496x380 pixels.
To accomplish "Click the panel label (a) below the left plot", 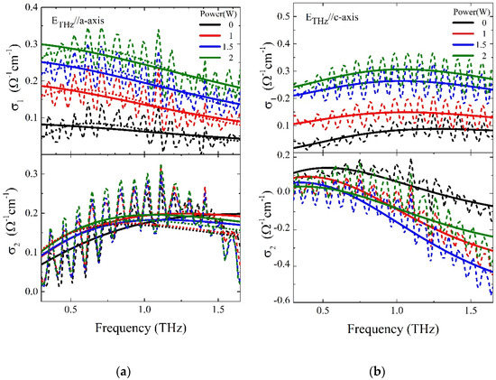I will tap(128, 369).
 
